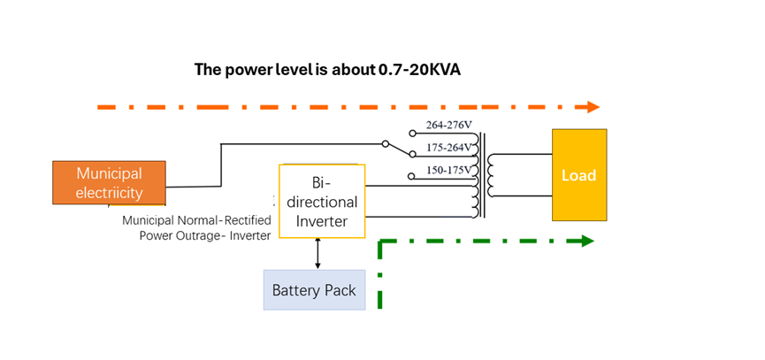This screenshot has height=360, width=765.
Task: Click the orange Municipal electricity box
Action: click(109, 182)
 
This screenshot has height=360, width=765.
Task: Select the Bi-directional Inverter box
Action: click(322, 201)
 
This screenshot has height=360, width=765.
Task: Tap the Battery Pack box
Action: click(314, 290)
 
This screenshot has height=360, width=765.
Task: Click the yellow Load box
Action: click(579, 175)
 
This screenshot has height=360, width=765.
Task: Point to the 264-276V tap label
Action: click(449, 125)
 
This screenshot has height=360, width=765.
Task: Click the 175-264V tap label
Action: click(449, 148)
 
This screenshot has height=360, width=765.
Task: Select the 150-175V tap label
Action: click(449, 170)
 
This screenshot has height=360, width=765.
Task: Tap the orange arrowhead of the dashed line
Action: click(593, 107)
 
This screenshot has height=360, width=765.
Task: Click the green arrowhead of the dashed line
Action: click(587, 241)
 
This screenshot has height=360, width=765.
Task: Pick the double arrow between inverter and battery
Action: click(318, 254)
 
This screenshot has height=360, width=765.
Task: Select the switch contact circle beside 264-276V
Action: click(412, 133)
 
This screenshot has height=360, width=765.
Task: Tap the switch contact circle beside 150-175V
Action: click(412, 176)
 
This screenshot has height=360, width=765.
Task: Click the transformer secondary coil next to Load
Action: click(490, 175)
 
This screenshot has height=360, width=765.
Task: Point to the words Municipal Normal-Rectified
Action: click(196, 220)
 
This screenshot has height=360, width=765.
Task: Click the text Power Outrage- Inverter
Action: click(205, 235)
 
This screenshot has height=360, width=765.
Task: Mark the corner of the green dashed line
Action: click(380, 241)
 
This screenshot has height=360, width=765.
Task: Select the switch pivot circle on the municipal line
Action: click(386, 144)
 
